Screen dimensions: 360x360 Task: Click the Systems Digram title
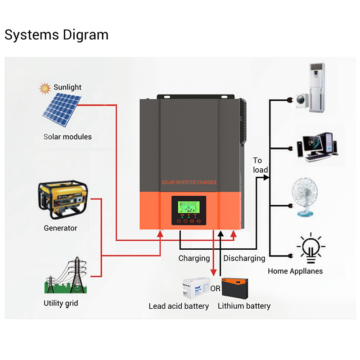click(56, 35)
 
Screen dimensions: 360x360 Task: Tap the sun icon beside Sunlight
click(45, 88)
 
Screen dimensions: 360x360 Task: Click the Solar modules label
click(67, 137)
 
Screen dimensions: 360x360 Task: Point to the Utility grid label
click(61, 303)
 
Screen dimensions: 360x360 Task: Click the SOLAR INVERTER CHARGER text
click(189, 182)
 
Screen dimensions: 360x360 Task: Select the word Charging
click(194, 258)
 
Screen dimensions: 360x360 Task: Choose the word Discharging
click(244, 258)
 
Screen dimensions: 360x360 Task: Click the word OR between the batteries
click(216, 289)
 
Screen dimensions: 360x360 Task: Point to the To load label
click(260, 165)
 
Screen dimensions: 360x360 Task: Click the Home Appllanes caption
click(295, 271)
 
